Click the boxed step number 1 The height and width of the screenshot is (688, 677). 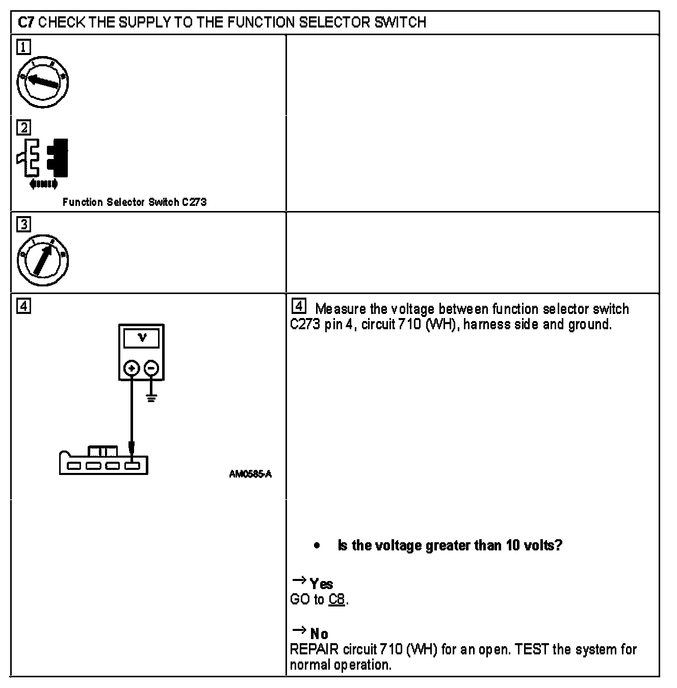(x=23, y=47)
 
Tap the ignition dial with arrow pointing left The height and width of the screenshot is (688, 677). (x=43, y=82)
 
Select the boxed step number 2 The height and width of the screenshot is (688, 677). (x=23, y=127)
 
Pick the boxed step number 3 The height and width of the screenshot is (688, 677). (x=23, y=224)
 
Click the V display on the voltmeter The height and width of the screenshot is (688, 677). (x=142, y=338)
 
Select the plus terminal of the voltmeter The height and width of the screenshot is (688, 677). (x=132, y=368)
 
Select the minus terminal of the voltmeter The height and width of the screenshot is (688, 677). (x=151, y=368)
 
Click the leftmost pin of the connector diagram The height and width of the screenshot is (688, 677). (x=74, y=465)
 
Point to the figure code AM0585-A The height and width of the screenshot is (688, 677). (x=250, y=474)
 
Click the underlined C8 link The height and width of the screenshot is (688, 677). (x=336, y=599)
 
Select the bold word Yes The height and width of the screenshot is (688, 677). (x=321, y=584)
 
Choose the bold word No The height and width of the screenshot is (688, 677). (x=319, y=634)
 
